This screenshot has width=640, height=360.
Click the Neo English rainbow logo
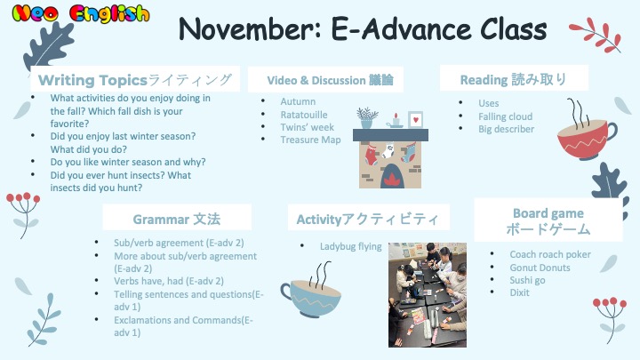[80, 13]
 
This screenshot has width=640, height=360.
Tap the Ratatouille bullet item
[304, 115]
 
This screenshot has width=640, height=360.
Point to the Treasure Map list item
[310, 140]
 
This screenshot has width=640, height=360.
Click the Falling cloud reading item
[505, 116]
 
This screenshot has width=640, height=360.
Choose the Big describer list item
[506, 129]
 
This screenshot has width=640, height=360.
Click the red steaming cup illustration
[587, 130]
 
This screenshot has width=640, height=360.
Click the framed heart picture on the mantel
[415, 120]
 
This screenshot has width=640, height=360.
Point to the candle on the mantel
[395, 121]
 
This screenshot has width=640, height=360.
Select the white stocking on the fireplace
[389, 151]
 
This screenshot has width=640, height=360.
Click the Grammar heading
[176, 220]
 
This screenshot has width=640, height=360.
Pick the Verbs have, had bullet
[169, 281]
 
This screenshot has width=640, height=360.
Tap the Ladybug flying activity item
[350, 246]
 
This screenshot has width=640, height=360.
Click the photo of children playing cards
[428, 295]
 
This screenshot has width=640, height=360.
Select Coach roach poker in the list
[550, 254]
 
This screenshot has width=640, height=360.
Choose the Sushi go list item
[527, 280]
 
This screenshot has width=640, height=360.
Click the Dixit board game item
[519, 292]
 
